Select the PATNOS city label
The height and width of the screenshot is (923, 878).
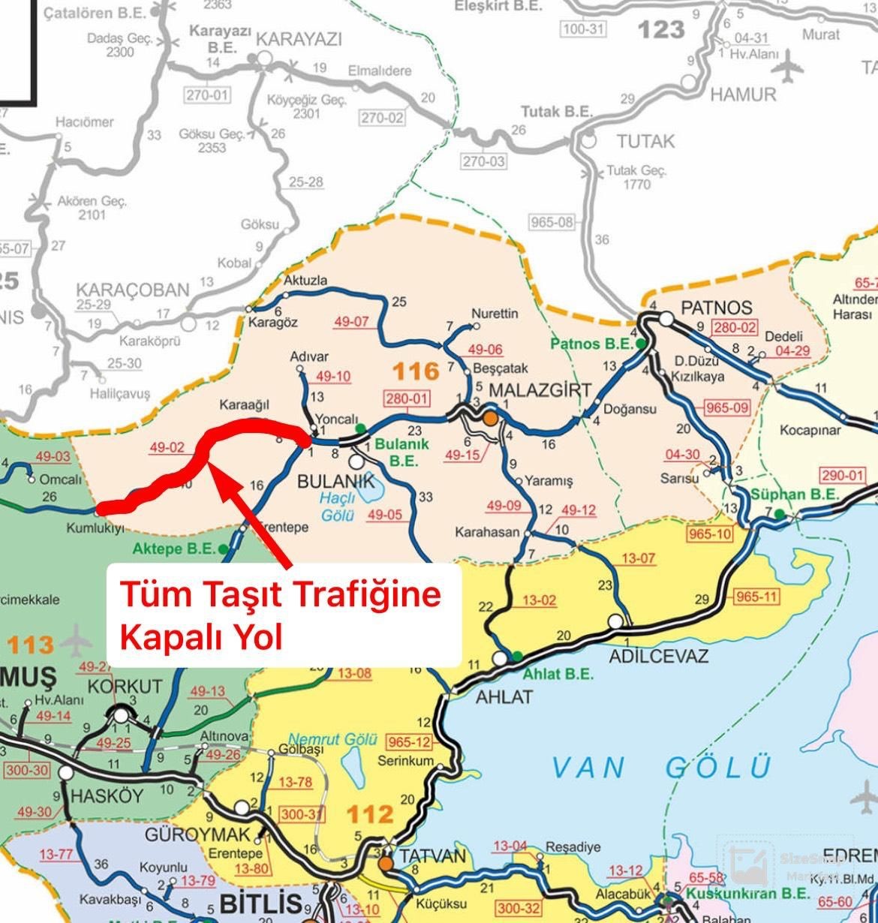click(x=715, y=308)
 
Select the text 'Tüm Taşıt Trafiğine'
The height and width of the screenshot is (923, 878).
click(x=281, y=596)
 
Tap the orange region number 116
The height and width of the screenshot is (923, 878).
click(x=416, y=371)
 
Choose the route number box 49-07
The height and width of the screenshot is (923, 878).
click(x=351, y=322)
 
